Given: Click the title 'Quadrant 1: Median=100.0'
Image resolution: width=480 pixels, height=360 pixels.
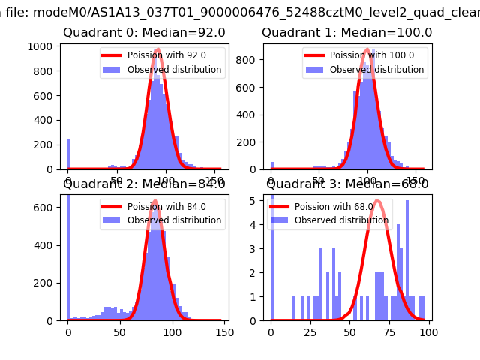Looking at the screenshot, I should pyautogui.click(x=346, y=33).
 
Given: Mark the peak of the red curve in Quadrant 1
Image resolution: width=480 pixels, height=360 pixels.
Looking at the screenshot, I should pyautogui.click(x=367, y=50).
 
